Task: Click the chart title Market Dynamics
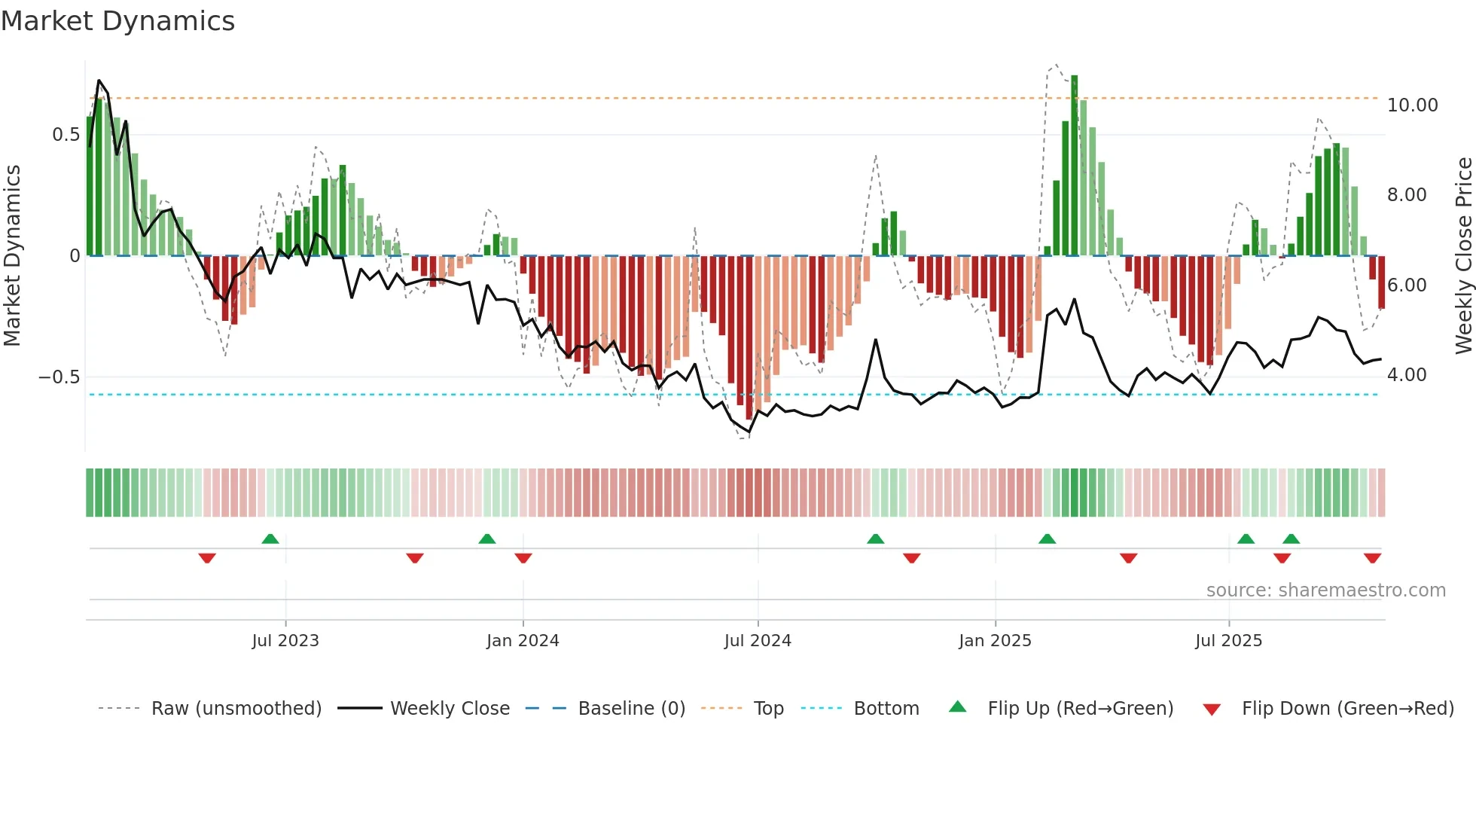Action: (118, 21)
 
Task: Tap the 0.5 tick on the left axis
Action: (66, 135)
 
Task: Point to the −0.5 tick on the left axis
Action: (59, 377)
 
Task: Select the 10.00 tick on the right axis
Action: (1412, 105)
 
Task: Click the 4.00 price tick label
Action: (1406, 375)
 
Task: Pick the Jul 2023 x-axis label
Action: (285, 641)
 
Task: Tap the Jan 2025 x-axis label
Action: (995, 641)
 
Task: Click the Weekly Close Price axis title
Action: (1463, 256)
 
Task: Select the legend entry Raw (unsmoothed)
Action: (236, 709)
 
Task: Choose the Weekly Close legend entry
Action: (450, 709)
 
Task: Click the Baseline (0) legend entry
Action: (631, 709)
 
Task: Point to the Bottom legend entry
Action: (886, 709)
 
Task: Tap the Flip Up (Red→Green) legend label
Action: (1080, 709)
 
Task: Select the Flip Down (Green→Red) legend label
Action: (1347, 709)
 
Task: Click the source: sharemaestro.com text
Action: (1325, 590)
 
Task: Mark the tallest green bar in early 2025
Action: (1075, 166)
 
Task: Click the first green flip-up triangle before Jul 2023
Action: (270, 539)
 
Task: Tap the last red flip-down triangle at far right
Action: (1372, 558)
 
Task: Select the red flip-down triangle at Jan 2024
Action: (523, 558)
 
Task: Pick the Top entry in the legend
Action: (768, 709)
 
